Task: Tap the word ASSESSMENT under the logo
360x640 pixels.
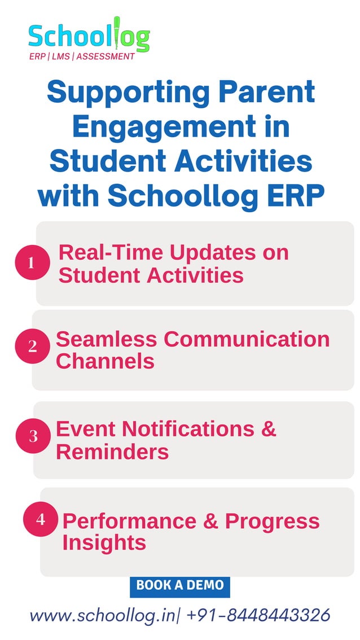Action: pyautogui.click(x=106, y=56)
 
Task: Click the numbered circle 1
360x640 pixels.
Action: pyautogui.click(x=32, y=262)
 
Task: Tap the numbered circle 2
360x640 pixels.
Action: pyautogui.click(x=32, y=346)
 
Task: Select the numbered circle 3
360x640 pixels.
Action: pyautogui.click(x=33, y=436)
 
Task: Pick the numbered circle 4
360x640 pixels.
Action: pyautogui.click(x=40, y=519)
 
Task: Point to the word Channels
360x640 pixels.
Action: pyautogui.click(x=105, y=361)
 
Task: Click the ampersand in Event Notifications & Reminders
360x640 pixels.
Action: pyautogui.click(x=269, y=429)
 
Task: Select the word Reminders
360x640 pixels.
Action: pyautogui.click(x=112, y=452)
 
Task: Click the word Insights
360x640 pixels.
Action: pyautogui.click(x=104, y=543)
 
